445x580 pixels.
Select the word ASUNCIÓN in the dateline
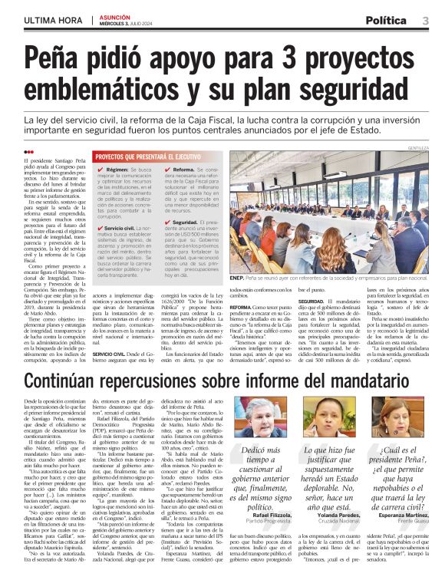(115, 15)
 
